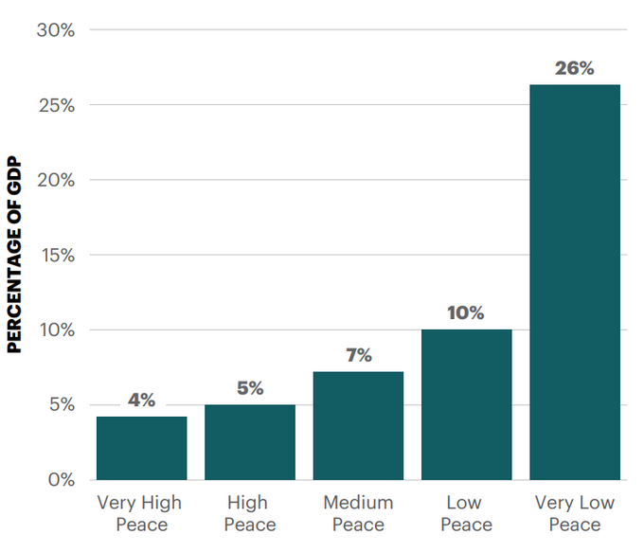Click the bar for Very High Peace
click(141, 448)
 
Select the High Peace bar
click(250, 442)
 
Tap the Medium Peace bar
click(358, 426)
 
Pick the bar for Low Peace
click(466, 404)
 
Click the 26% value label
click(575, 68)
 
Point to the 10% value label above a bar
click(466, 312)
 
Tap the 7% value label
click(358, 356)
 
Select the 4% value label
click(141, 401)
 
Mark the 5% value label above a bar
click(250, 388)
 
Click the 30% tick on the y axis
click(56, 30)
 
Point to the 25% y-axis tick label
click(56, 105)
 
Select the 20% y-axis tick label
click(56, 180)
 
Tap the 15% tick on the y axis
click(56, 255)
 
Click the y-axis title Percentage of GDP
click(14, 254)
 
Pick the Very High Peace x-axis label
click(141, 513)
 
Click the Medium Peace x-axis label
click(358, 513)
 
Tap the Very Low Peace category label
click(575, 513)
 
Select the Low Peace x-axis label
click(466, 513)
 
